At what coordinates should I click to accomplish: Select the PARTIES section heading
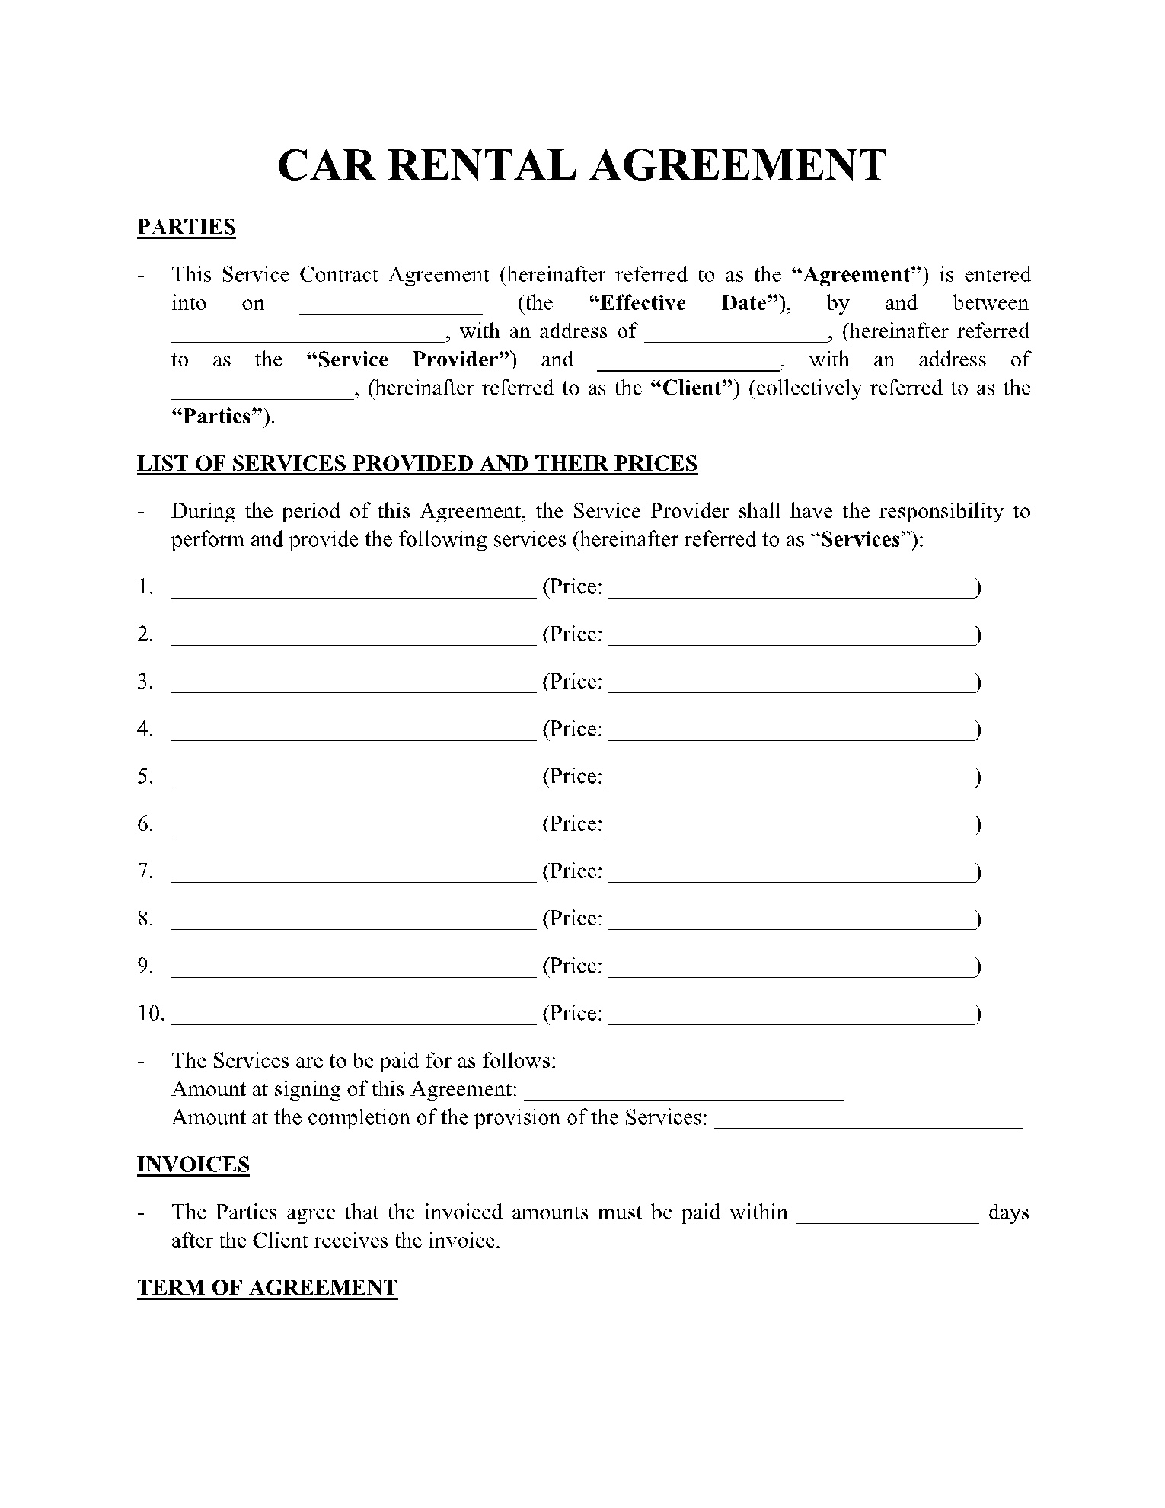[x=186, y=228]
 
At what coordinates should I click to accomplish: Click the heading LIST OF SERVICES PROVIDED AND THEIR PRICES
[x=417, y=464]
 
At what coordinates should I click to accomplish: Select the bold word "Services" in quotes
[x=861, y=540]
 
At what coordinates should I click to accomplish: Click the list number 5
[x=145, y=777]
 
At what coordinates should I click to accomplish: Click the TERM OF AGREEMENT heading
[x=267, y=1288]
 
